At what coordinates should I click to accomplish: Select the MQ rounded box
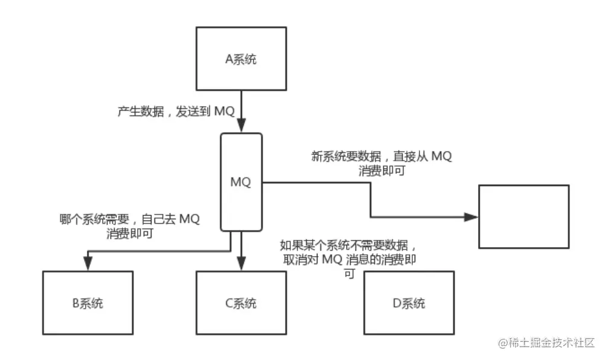coord(241,181)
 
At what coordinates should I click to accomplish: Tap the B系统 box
coord(88,303)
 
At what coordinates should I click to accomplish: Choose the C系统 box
coord(241,303)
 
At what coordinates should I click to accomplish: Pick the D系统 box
coord(409,303)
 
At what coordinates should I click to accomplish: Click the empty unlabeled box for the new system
coord(524,216)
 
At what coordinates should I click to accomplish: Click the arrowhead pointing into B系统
coord(88,264)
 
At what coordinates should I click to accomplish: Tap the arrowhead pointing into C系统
coord(241,264)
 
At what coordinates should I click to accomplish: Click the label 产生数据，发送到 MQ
coord(175,112)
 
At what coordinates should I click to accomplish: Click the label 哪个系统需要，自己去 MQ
coord(130,219)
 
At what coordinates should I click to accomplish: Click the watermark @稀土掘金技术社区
coord(547,342)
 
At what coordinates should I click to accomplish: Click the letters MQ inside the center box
coord(241,181)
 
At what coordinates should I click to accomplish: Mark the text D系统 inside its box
coord(409,303)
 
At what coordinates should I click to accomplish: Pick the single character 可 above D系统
coord(349,274)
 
